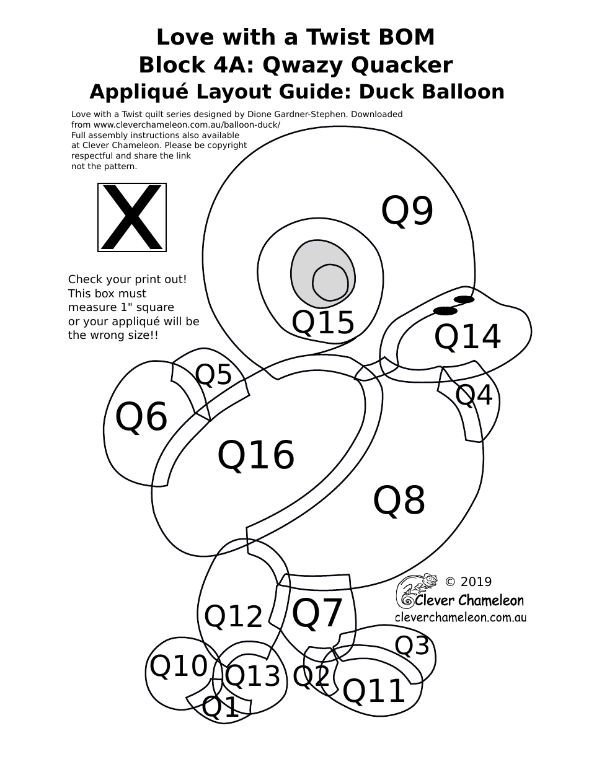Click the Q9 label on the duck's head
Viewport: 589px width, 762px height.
[407, 211]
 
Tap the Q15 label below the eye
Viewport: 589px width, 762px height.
[323, 323]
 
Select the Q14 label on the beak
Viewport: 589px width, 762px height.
[467, 337]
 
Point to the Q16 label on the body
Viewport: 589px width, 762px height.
[255, 455]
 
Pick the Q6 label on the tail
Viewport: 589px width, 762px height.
[141, 417]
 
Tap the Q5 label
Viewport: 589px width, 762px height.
[213, 375]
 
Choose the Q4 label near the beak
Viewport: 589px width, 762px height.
[474, 395]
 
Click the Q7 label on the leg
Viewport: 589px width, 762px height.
[317, 613]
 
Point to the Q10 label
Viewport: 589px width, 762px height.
[179, 667]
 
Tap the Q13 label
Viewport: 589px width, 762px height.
[252, 676]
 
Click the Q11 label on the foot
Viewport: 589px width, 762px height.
[374, 691]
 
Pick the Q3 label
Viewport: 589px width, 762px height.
[412, 646]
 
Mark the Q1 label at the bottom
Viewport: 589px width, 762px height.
[221, 707]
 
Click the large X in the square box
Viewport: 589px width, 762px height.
[132, 217]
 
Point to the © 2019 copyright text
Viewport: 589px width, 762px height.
[469, 582]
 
